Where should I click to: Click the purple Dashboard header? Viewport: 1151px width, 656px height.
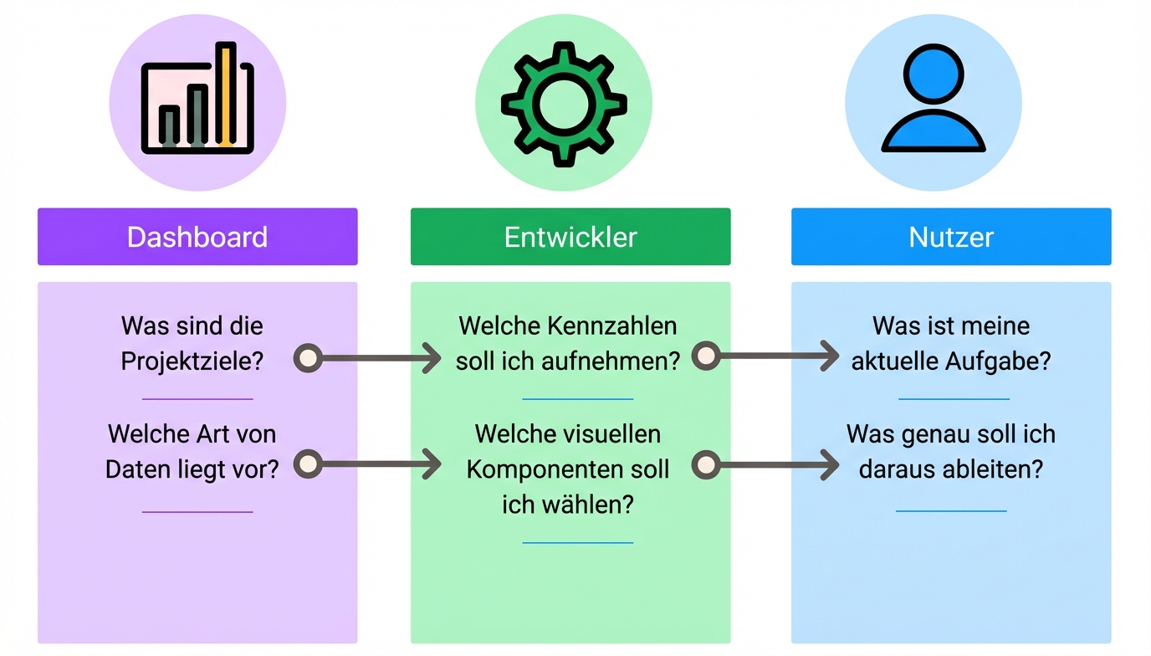(x=197, y=237)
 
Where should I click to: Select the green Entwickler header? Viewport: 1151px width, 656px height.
(x=570, y=237)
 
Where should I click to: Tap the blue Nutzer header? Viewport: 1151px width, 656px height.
(x=951, y=237)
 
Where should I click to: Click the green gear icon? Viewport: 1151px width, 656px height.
(x=564, y=104)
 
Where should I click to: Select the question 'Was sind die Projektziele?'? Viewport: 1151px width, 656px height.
(x=192, y=343)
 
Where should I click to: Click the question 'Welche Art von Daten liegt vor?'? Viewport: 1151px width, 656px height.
(x=192, y=452)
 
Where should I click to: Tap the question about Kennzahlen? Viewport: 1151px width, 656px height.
(x=568, y=343)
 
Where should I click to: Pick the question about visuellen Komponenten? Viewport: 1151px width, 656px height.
(x=568, y=469)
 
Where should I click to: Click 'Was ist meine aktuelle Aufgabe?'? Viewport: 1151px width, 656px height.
(x=951, y=343)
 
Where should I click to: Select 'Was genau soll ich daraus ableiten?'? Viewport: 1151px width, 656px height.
(x=951, y=452)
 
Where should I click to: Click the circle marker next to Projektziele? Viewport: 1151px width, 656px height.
(x=308, y=358)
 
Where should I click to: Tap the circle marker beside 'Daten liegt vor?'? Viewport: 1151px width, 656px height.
(x=308, y=464)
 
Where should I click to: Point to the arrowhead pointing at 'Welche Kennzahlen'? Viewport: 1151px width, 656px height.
(x=432, y=358)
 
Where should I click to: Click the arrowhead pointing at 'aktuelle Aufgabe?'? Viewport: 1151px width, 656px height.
(x=829, y=356)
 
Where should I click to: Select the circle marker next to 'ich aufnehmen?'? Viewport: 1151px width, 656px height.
(x=706, y=356)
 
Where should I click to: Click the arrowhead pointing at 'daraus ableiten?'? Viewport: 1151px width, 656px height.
(x=829, y=464)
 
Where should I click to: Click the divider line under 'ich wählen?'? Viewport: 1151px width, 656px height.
(x=577, y=542)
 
